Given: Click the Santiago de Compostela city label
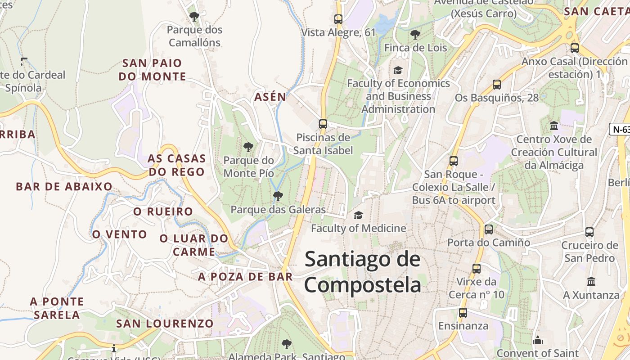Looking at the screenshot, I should [363, 272].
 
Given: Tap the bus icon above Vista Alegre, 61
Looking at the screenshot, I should [338, 19].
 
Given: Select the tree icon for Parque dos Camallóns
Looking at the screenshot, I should [194, 17].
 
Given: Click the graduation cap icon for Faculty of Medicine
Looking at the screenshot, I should [358, 216].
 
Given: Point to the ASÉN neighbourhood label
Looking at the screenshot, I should [270, 97].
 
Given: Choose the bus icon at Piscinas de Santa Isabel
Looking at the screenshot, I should [323, 124].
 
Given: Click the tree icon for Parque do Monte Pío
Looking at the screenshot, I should [248, 147].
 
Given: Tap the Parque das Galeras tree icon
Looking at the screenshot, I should [278, 196].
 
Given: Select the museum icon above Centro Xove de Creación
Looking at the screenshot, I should [554, 126].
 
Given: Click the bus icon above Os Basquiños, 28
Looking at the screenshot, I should [497, 85].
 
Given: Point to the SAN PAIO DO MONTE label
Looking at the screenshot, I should [152, 70].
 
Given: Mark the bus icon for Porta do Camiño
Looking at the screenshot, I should [489, 229].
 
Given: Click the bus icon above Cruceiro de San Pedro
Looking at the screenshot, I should [589, 232].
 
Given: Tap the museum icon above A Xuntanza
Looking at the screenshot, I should [591, 282].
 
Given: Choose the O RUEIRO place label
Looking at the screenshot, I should [163, 211].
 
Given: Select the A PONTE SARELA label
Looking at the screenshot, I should [57, 308].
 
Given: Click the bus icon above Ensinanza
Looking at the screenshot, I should [463, 312].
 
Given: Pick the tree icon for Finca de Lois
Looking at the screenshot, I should [415, 34].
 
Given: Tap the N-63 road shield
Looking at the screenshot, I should [621, 130].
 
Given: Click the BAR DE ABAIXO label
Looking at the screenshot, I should [64, 187].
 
